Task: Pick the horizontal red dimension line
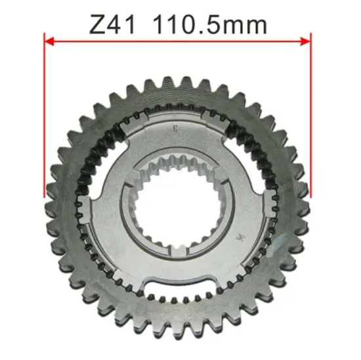(x=177, y=41)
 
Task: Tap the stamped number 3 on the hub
(x=173, y=128)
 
